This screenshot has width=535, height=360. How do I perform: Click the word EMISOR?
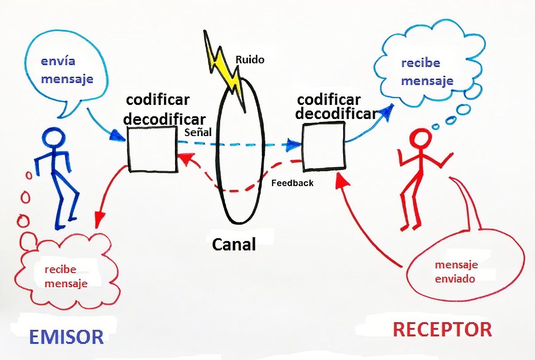click(67, 337)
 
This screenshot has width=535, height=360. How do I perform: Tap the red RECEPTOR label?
click(442, 329)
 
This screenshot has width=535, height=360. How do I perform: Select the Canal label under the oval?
click(234, 244)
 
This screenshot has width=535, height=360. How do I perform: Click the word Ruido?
click(250, 59)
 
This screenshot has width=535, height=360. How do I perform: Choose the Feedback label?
click(293, 183)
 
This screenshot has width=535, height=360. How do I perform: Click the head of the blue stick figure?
click(54, 138)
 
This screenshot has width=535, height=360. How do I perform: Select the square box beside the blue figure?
click(152, 149)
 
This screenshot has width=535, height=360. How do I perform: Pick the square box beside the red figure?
click(323, 147)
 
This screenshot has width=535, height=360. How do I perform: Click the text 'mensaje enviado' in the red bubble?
click(455, 272)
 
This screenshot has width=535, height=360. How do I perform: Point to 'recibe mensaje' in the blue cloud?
click(427, 72)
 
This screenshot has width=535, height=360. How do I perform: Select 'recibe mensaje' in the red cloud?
click(66, 277)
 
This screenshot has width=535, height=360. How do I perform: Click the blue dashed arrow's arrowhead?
click(295, 145)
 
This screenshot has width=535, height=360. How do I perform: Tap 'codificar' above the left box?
click(158, 100)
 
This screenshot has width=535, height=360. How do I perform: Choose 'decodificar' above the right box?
click(336, 114)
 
